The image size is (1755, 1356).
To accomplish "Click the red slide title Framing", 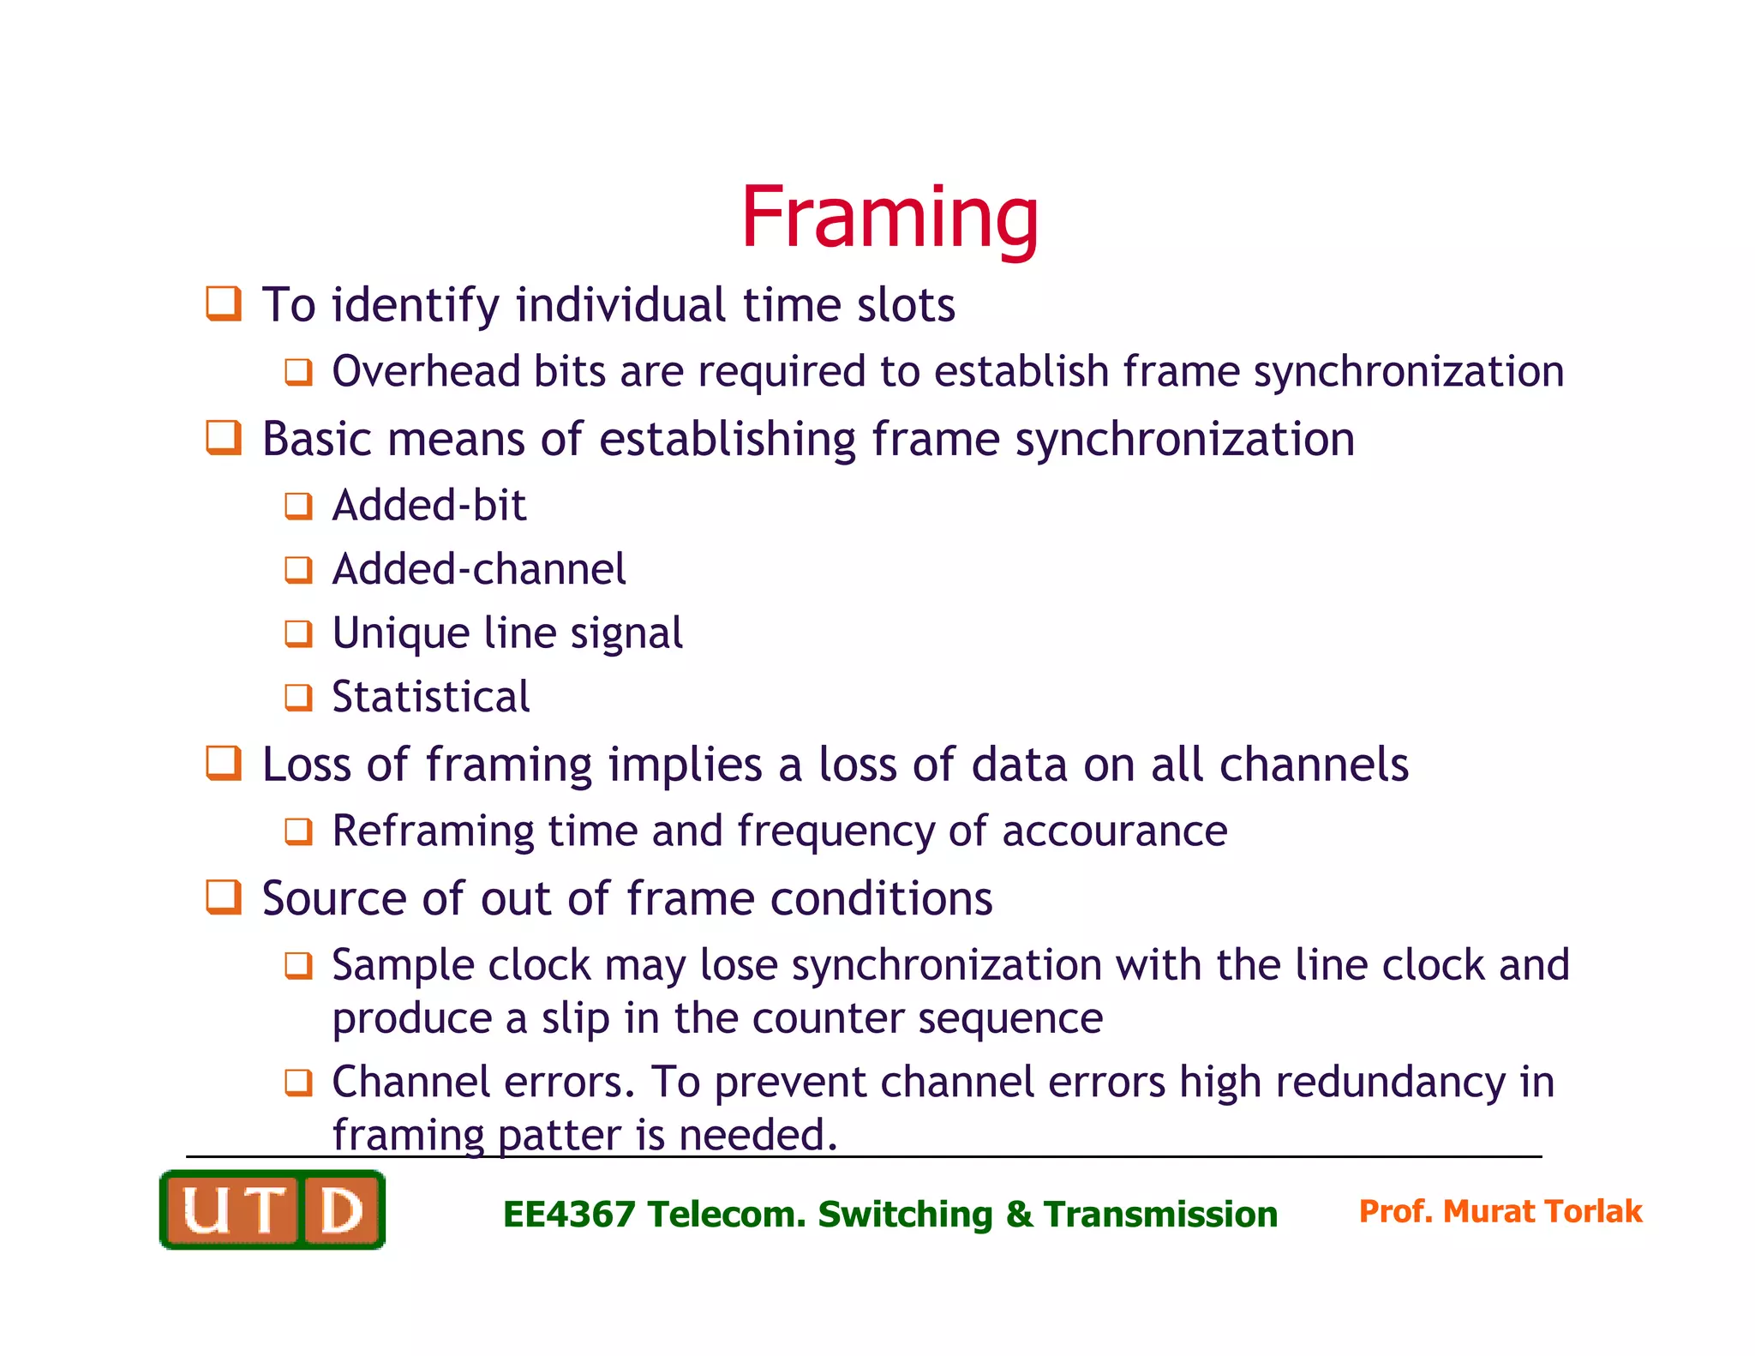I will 889,219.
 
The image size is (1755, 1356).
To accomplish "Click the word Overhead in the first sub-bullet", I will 426,372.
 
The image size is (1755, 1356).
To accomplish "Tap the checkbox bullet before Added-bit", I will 298,506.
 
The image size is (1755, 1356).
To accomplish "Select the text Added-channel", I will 479,570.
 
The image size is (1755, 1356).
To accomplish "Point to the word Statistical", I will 430,697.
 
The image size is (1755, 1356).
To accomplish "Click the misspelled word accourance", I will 1114,831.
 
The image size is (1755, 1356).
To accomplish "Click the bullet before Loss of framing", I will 224,763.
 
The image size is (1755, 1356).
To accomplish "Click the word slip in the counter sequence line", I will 576,1019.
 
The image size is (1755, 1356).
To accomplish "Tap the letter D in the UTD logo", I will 340,1210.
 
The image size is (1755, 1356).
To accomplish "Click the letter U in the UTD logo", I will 206,1210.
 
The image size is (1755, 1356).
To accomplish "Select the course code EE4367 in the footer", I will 568,1215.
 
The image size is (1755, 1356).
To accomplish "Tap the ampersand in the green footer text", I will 1018,1215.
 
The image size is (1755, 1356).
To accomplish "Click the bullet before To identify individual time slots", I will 224,304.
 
